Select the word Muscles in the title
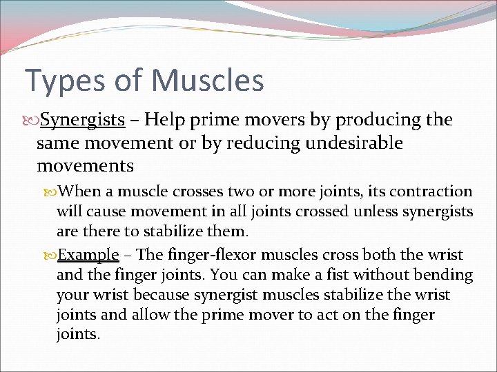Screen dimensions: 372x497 point(208,80)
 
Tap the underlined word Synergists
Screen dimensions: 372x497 point(82,121)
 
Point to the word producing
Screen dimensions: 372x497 point(376,121)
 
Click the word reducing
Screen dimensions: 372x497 point(260,143)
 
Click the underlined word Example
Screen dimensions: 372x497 point(88,254)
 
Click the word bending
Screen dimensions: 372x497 point(443,276)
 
